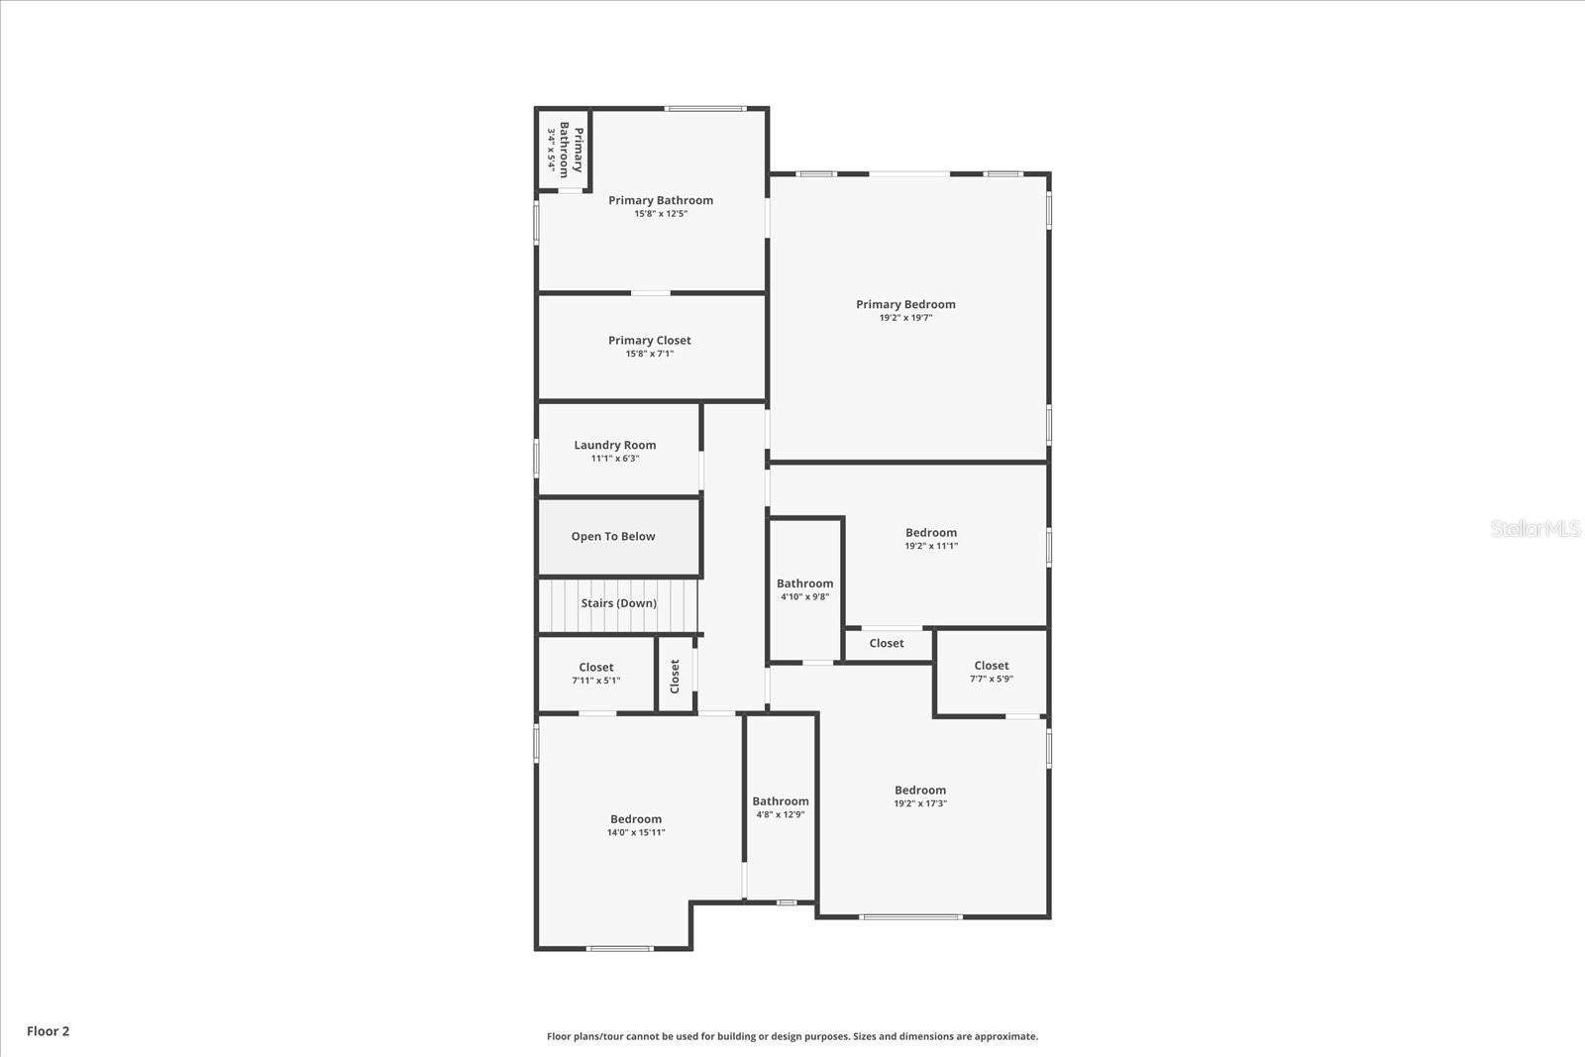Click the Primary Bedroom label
905,304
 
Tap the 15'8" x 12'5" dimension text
661,214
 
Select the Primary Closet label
650,340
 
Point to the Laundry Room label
615,445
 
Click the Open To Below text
613,536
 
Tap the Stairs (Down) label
619,603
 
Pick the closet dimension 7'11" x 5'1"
596,681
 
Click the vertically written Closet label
675,677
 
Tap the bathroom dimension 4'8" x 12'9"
781,814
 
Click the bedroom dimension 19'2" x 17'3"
920,803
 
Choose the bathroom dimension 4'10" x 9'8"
804,596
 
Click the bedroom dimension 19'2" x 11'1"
931,546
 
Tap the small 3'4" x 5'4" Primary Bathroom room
564,150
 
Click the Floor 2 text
48,1031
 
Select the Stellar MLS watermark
1535,529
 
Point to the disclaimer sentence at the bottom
792,1036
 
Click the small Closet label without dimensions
887,643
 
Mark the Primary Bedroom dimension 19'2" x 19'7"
905,318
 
